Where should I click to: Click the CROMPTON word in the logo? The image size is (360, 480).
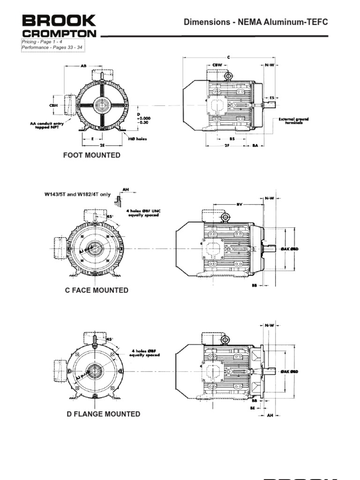coord(59,34)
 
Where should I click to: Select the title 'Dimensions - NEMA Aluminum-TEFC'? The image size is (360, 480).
coord(255,22)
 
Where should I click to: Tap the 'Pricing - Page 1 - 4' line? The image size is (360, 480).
coord(42,42)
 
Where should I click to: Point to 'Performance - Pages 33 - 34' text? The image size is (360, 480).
coord(52,48)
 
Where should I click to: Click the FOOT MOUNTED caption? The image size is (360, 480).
coord(92,155)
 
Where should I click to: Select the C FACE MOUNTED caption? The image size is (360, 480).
coord(97,290)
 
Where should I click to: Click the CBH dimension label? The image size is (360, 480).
coord(53,105)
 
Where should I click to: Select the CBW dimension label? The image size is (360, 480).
coord(217,65)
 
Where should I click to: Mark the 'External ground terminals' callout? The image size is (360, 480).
coord(294,121)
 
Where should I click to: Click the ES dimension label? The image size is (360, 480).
coord(271,98)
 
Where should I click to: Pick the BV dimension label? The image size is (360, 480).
coord(239,204)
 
